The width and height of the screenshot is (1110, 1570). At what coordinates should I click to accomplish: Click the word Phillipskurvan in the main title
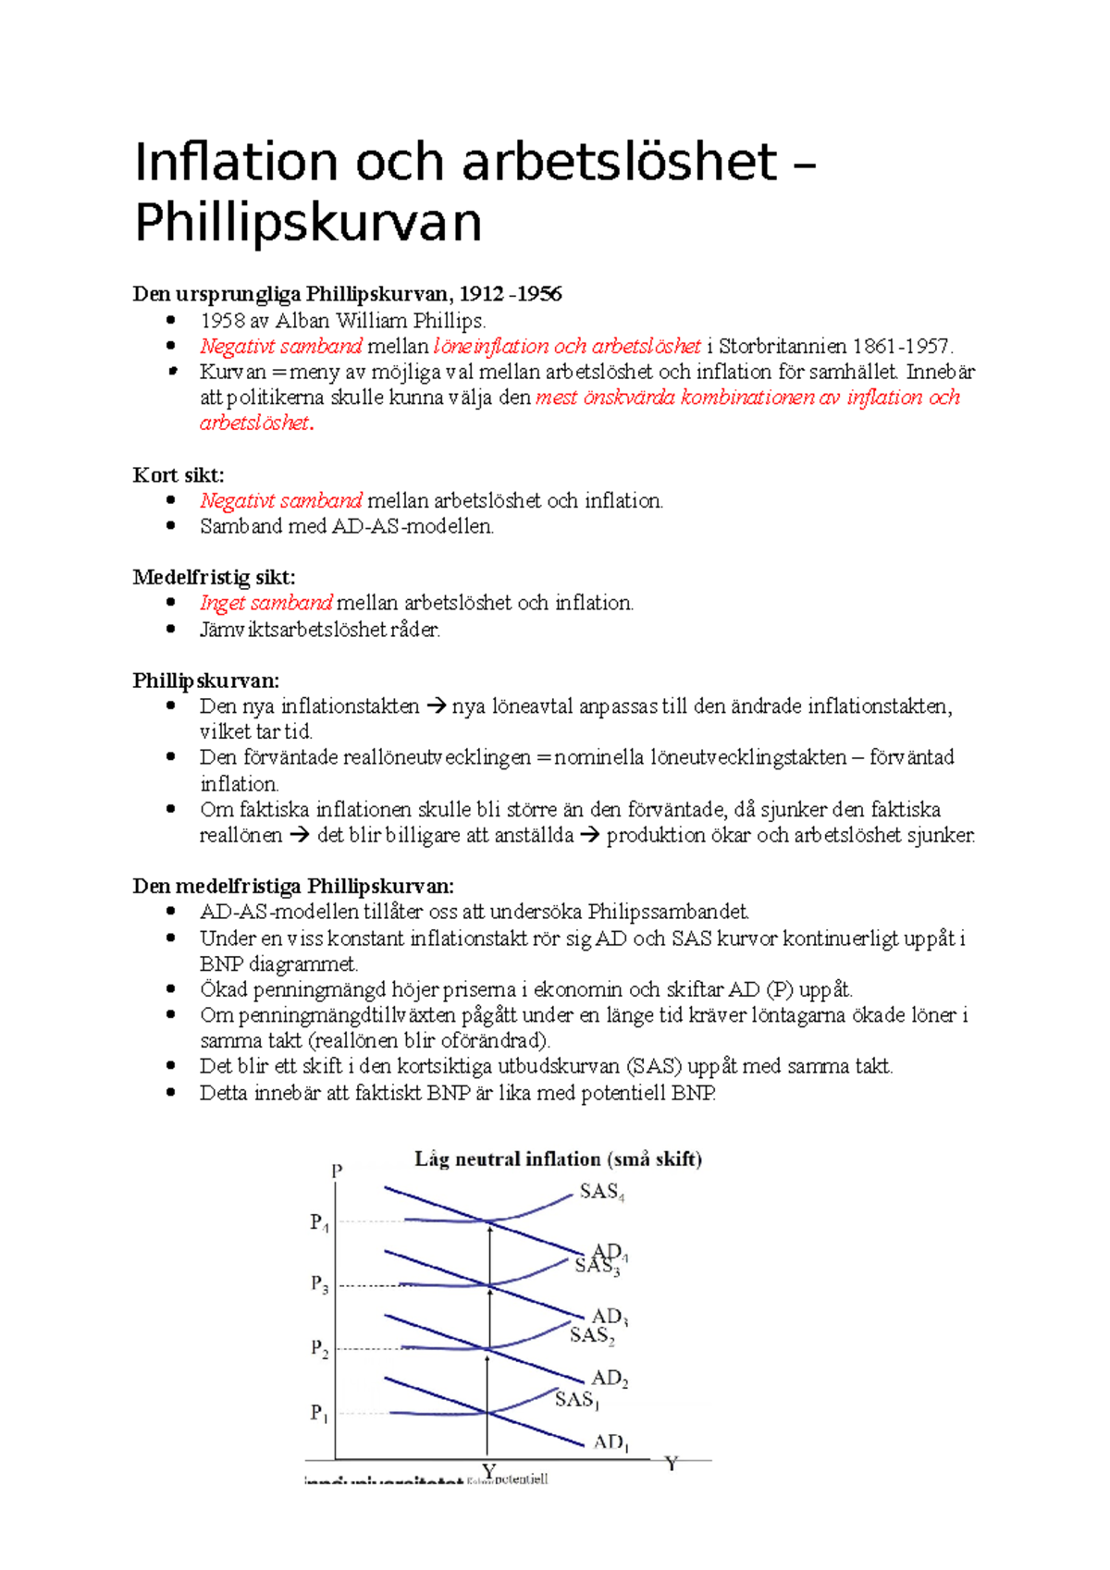(x=308, y=223)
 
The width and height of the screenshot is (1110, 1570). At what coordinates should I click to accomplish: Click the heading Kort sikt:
(x=179, y=475)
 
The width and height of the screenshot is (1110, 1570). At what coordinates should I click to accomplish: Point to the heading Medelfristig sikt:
(x=214, y=578)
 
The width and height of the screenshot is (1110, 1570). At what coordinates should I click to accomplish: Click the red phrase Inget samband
(x=265, y=603)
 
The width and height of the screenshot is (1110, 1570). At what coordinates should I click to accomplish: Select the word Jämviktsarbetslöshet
(x=292, y=630)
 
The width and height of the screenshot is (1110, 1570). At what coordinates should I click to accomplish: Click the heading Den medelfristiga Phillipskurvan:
(x=293, y=886)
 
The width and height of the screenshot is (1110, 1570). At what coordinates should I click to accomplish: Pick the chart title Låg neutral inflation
(x=508, y=1159)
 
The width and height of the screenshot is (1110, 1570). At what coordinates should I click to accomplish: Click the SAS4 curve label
(x=601, y=1192)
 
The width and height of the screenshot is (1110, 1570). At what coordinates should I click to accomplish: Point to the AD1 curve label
(x=610, y=1441)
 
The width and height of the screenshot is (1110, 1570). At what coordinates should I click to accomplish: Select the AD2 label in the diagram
(x=610, y=1378)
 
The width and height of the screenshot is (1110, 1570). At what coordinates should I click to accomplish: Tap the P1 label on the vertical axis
(x=319, y=1413)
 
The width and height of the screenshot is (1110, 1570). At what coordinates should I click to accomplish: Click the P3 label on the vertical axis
(x=319, y=1284)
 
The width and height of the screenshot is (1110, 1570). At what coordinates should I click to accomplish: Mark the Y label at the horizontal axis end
(x=672, y=1464)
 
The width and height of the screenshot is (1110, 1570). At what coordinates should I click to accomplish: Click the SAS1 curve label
(x=576, y=1400)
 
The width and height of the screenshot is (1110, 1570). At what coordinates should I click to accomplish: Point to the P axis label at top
(x=337, y=1171)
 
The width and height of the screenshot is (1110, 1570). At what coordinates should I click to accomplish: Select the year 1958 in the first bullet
(x=222, y=321)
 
